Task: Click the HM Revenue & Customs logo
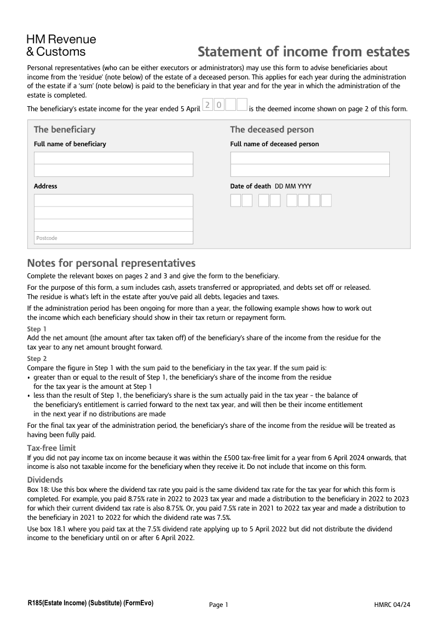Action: [61, 45]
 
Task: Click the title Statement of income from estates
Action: [303, 51]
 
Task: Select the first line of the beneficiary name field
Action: [113, 158]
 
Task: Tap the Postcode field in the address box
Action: [113, 238]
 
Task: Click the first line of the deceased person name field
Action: [310, 158]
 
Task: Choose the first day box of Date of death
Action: [235, 200]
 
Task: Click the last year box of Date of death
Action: [326, 200]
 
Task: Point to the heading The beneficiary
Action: [65, 130]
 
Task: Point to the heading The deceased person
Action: [272, 130]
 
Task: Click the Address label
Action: [45, 186]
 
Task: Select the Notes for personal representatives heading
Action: [111, 263]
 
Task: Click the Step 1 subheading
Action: [37, 329]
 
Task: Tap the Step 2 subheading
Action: [37, 359]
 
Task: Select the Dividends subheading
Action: [45, 479]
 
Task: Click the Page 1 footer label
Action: [218, 605]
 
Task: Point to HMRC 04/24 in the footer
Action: [392, 605]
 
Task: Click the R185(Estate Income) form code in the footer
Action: [90, 603]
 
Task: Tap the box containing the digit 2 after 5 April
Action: [208, 105]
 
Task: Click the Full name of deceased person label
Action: [274, 144]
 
